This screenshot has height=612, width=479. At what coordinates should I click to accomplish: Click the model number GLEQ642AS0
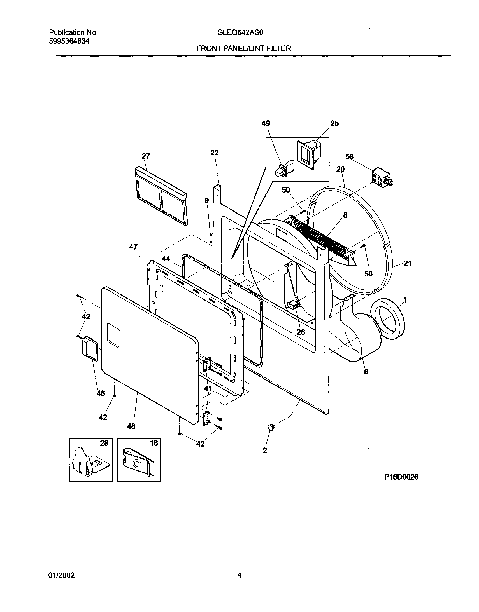coord(240,32)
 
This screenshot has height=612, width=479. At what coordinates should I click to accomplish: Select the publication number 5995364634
coord(69,41)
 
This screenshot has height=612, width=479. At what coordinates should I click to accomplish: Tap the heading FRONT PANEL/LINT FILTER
coord(243,48)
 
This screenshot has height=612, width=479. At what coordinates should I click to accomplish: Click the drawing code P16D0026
coord(401,477)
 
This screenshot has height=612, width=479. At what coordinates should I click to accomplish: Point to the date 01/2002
coord(62,575)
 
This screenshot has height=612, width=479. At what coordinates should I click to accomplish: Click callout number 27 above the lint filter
coord(146,156)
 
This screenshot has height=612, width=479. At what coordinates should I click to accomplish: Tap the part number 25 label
coord(334,124)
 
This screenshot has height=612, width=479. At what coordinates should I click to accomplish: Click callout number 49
coord(266,124)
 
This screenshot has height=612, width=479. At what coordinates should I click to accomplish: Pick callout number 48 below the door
coord(131,426)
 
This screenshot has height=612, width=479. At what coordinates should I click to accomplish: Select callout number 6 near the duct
coord(366,372)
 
